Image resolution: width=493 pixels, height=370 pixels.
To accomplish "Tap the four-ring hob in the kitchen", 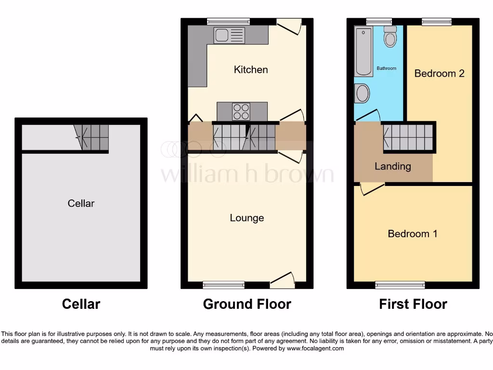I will click(x=241, y=112).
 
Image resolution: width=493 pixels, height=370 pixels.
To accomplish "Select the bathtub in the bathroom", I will click(x=363, y=52).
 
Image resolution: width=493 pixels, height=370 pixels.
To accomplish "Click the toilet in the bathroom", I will click(x=390, y=37).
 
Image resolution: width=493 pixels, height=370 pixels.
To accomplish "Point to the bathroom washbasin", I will click(x=362, y=93).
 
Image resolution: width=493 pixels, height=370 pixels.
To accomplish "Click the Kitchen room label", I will click(x=250, y=69).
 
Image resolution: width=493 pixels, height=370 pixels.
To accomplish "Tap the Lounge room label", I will click(x=246, y=218).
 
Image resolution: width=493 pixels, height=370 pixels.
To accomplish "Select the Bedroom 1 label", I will click(x=413, y=234).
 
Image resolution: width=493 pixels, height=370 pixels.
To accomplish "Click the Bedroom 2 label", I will click(x=439, y=73).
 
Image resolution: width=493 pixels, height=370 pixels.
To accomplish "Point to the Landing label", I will click(x=393, y=166).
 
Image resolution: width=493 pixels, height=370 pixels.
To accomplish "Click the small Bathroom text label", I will click(x=387, y=68).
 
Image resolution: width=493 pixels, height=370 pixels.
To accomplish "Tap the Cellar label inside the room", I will click(x=81, y=203).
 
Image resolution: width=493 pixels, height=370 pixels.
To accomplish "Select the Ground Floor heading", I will click(x=247, y=304).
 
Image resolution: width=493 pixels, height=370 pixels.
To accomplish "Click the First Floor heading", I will click(x=413, y=304).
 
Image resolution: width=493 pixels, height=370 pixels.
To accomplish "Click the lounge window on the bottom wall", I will click(x=223, y=285).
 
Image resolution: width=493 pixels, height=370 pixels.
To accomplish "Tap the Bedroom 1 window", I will click(x=400, y=285).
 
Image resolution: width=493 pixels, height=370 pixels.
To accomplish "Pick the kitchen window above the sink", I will click(x=228, y=21).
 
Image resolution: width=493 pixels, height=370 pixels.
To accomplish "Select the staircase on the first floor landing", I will click(x=408, y=137).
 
